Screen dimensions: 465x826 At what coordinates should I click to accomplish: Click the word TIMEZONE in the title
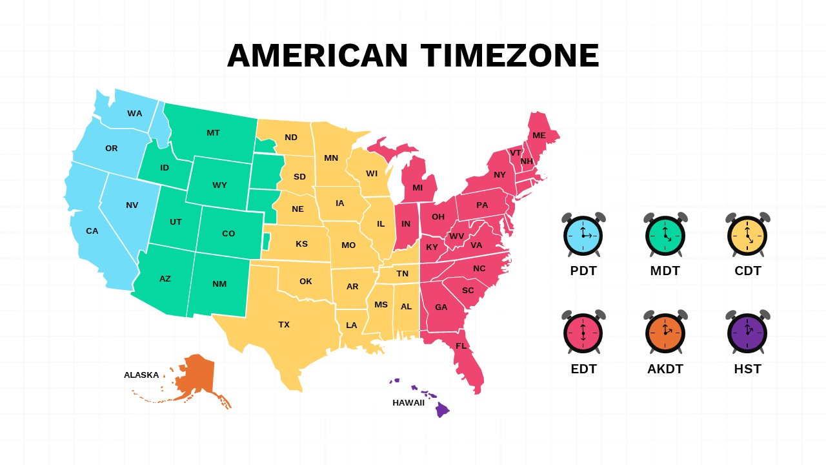510,56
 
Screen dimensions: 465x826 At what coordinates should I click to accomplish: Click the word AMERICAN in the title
317,56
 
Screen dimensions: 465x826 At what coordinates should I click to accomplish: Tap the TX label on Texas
284,325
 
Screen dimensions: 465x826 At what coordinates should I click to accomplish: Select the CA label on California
92,231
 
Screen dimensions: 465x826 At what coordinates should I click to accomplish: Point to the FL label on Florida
461,346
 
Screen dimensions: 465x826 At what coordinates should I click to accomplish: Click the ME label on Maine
539,136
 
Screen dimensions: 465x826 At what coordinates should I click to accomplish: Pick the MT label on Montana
213,133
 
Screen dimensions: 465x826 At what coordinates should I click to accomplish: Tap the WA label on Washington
134,114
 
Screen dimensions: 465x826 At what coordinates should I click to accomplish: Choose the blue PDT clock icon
583,235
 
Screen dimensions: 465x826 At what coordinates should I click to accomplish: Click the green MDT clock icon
665,235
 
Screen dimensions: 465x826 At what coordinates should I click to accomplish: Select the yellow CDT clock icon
747,235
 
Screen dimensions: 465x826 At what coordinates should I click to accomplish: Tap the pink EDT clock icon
583,333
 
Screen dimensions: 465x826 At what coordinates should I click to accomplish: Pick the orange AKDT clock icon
665,333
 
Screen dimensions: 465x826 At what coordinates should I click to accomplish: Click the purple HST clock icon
747,333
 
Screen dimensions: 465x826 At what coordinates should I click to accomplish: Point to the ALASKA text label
141,375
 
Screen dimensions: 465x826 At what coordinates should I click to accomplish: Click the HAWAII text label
408,403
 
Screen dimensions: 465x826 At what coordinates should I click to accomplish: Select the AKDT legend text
665,369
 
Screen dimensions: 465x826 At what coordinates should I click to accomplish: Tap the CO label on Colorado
228,234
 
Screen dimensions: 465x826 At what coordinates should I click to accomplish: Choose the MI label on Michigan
418,188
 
